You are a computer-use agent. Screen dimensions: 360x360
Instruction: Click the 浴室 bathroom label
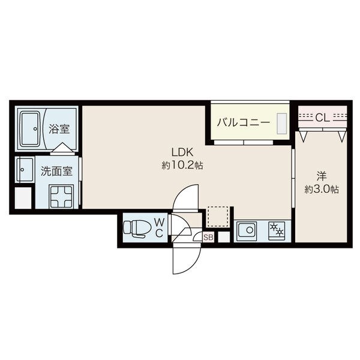pyautogui.click(x=59, y=129)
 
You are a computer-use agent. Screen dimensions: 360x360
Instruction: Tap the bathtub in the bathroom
pyautogui.click(x=30, y=129)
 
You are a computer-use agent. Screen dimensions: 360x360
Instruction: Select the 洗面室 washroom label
pyautogui.click(x=56, y=171)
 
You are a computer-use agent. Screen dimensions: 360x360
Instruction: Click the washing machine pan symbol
pyautogui.click(x=61, y=197)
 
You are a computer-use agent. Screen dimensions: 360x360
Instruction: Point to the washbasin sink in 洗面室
pyautogui.click(x=25, y=170)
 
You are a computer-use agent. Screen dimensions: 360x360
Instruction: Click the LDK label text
pyautogui.click(x=182, y=152)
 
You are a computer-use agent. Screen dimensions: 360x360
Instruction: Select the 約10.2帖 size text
pyautogui.click(x=182, y=165)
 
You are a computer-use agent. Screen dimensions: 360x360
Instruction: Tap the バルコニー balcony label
pyautogui.click(x=244, y=122)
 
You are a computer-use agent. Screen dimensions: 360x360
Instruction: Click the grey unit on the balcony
pyautogui.click(x=282, y=124)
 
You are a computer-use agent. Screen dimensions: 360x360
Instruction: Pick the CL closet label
pyautogui.click(x=322, y=118)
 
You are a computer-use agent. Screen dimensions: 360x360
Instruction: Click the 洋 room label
pyautogui.click(x=322, y=176)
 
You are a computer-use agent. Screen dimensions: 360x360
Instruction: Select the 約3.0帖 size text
pyautogui.click(x=322, y=189)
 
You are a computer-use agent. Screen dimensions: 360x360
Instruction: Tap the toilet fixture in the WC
pyautogui.click(x=137, y=229)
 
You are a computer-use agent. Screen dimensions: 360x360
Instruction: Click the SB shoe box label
pyautogui.click(x=208, y=238)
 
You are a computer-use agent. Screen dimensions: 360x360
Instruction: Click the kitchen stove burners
pyautogui.click(x=277, y=230)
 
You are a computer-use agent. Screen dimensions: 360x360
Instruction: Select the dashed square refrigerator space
pyautogui.click(x=218, y=217)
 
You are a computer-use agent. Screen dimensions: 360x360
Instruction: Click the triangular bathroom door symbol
pyautogui.click(x=62, y=148)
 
